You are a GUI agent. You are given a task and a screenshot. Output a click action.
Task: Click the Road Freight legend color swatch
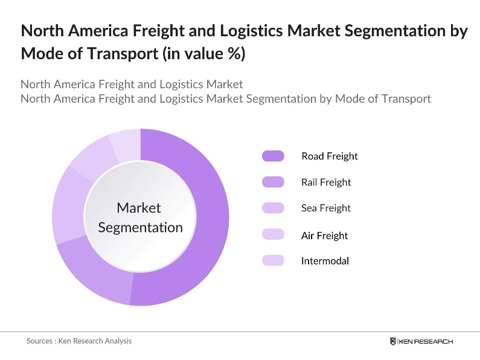click(x=273, y=156)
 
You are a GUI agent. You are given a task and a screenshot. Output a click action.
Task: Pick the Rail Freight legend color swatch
click(x=273, y=182)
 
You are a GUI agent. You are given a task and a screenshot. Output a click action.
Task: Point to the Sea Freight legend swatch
click(x=273, y=208)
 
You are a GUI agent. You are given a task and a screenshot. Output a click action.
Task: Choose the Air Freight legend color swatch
click(x=273, y=235)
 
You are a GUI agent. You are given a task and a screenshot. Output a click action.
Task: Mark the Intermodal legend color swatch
click(x=273, y=261)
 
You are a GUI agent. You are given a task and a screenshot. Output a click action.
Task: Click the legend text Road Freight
click(x=330, y=156)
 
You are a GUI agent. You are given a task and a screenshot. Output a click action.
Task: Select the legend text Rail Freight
click(x=326, y=182)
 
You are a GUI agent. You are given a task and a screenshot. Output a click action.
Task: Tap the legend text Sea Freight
click(x=326, y=208)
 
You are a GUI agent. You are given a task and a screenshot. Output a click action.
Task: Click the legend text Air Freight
click(x=325, y=236)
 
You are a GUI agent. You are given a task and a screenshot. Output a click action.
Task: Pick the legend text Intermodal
click(x=325, y=261)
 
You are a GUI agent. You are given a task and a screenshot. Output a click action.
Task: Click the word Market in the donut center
click(x=139, y=208)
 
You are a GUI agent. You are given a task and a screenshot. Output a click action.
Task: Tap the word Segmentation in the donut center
click(x=140, y=228)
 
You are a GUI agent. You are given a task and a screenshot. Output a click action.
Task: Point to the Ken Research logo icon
click(x=394, y=342)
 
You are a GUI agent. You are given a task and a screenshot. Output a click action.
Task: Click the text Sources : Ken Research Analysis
click(x=79, y=341)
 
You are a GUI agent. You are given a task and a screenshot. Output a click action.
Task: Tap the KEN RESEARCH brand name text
click(x=426, y=342)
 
